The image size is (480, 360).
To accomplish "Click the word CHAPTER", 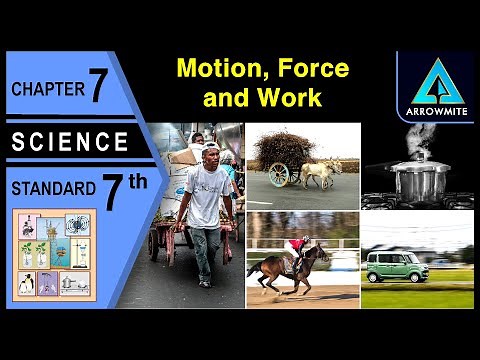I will [x=46, y=90].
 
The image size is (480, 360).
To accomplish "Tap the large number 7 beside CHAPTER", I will [x=98, y=87].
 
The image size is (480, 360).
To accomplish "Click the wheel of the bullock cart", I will [x=279, y=175].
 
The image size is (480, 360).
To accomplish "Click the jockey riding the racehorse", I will [x=296, y=246].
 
